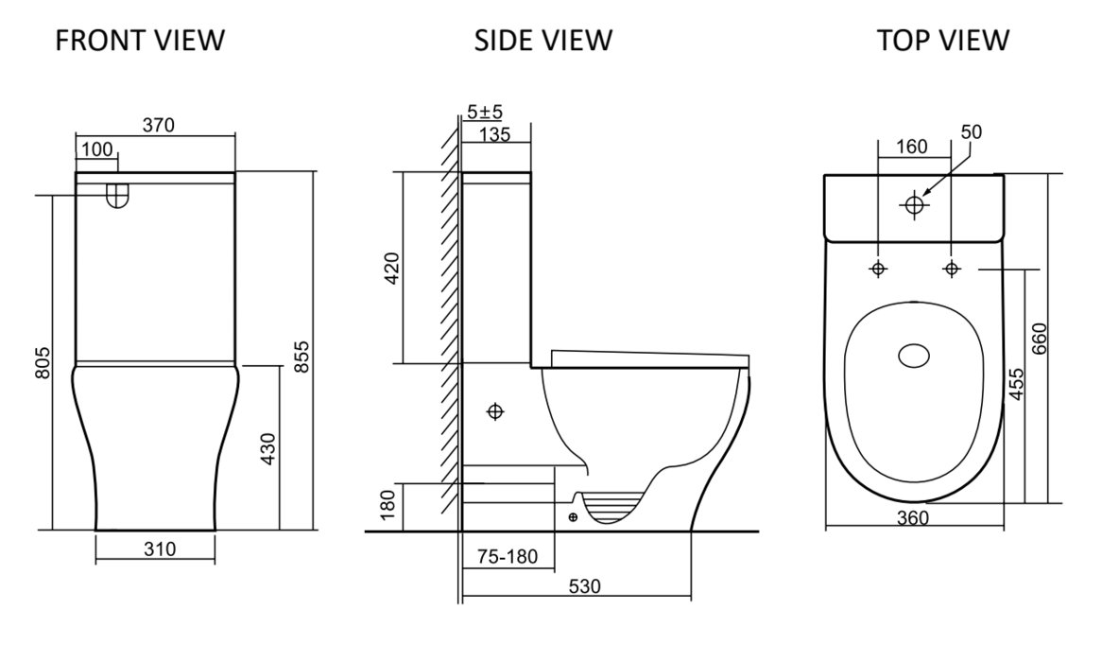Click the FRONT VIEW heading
click(x=139, y=41)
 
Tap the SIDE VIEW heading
click(x=542, y=41)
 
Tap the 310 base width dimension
click(x=154, y=549)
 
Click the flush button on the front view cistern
click(x=117, y=194)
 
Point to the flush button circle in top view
click(x=914, y=204)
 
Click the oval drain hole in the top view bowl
click(x=913, y=355)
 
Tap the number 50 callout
click(x=972, y=132)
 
